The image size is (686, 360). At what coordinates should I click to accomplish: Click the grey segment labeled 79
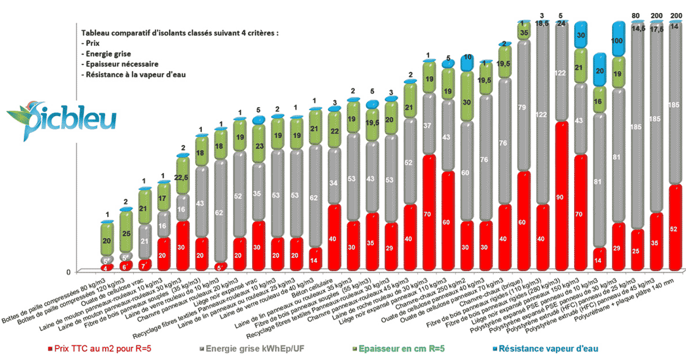(524, 108)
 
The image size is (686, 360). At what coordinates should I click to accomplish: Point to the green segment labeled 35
(524, 32)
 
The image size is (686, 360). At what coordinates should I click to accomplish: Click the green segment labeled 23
(258, 146)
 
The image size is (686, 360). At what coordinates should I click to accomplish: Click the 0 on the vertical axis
(69, 272)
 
